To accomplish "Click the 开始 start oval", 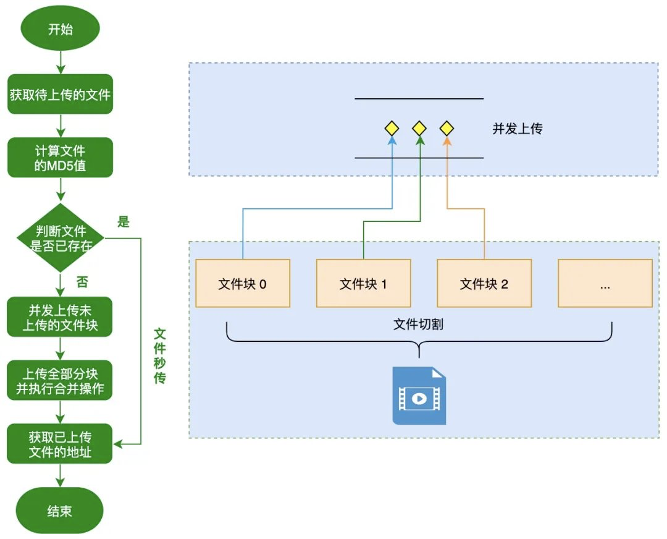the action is [x=60, y=28].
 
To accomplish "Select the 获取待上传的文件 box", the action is [x=60, y=94].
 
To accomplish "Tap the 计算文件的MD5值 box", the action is [x=60, y=158].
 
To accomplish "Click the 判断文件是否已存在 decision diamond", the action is [x=61, y=238].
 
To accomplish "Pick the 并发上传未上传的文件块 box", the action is [x=59, y=317].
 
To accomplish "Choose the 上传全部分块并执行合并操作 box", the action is [x=59, y=381].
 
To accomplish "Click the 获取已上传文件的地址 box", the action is [x=59, y=444].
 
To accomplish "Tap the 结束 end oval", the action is [x=59, y=511].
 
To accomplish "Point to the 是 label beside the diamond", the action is [x=124, y=221].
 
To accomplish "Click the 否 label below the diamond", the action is [x=82, y=281].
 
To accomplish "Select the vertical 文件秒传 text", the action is [x=159, y=356].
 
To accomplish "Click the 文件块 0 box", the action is [x=243, y=283].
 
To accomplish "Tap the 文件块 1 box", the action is [x=363, y=283].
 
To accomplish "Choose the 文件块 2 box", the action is [x=484, y=283].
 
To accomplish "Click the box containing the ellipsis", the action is [x=605, y=283].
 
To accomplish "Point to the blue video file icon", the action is [x=419, y=396].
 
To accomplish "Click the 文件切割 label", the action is [x=418, y=325].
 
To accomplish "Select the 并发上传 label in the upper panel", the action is [x=518, y=129].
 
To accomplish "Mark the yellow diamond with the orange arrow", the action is [x=447, y=128].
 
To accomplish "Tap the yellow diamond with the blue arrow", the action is [x=392, y=128].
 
